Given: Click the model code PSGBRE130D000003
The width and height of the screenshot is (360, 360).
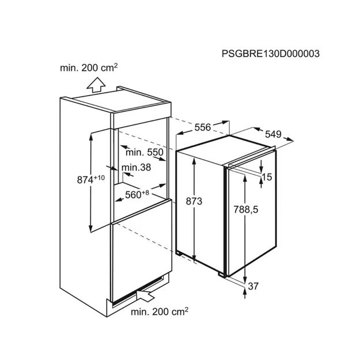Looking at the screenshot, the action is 271,54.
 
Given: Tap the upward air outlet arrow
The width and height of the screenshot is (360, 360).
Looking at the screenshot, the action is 96,85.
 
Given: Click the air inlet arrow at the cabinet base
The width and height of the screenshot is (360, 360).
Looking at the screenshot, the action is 145,294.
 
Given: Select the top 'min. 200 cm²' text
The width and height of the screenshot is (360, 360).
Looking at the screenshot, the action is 89,68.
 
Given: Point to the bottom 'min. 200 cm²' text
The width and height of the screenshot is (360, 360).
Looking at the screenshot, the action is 160,312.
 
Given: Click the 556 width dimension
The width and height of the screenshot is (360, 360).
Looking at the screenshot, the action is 203,127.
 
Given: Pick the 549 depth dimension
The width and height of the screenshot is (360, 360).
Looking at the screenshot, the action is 273,134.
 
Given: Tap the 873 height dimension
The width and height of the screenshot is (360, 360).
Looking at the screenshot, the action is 194,202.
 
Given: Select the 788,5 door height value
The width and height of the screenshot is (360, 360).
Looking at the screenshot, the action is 246,210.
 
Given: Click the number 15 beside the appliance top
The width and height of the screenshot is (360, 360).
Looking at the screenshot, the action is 267,177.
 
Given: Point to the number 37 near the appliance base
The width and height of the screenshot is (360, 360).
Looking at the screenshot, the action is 253,286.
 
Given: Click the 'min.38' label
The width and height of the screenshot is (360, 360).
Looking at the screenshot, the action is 136,168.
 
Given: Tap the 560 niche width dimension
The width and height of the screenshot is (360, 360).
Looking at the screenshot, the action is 133,195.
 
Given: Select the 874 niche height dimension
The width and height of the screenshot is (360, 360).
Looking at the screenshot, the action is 85,180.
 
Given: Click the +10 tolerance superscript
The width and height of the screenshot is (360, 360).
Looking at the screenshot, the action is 99,177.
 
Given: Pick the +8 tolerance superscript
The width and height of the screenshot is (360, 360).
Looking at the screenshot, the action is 145,192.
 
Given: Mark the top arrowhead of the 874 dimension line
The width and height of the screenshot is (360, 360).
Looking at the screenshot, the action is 91,136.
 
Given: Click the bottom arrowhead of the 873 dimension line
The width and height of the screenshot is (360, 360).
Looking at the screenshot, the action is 194,258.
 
